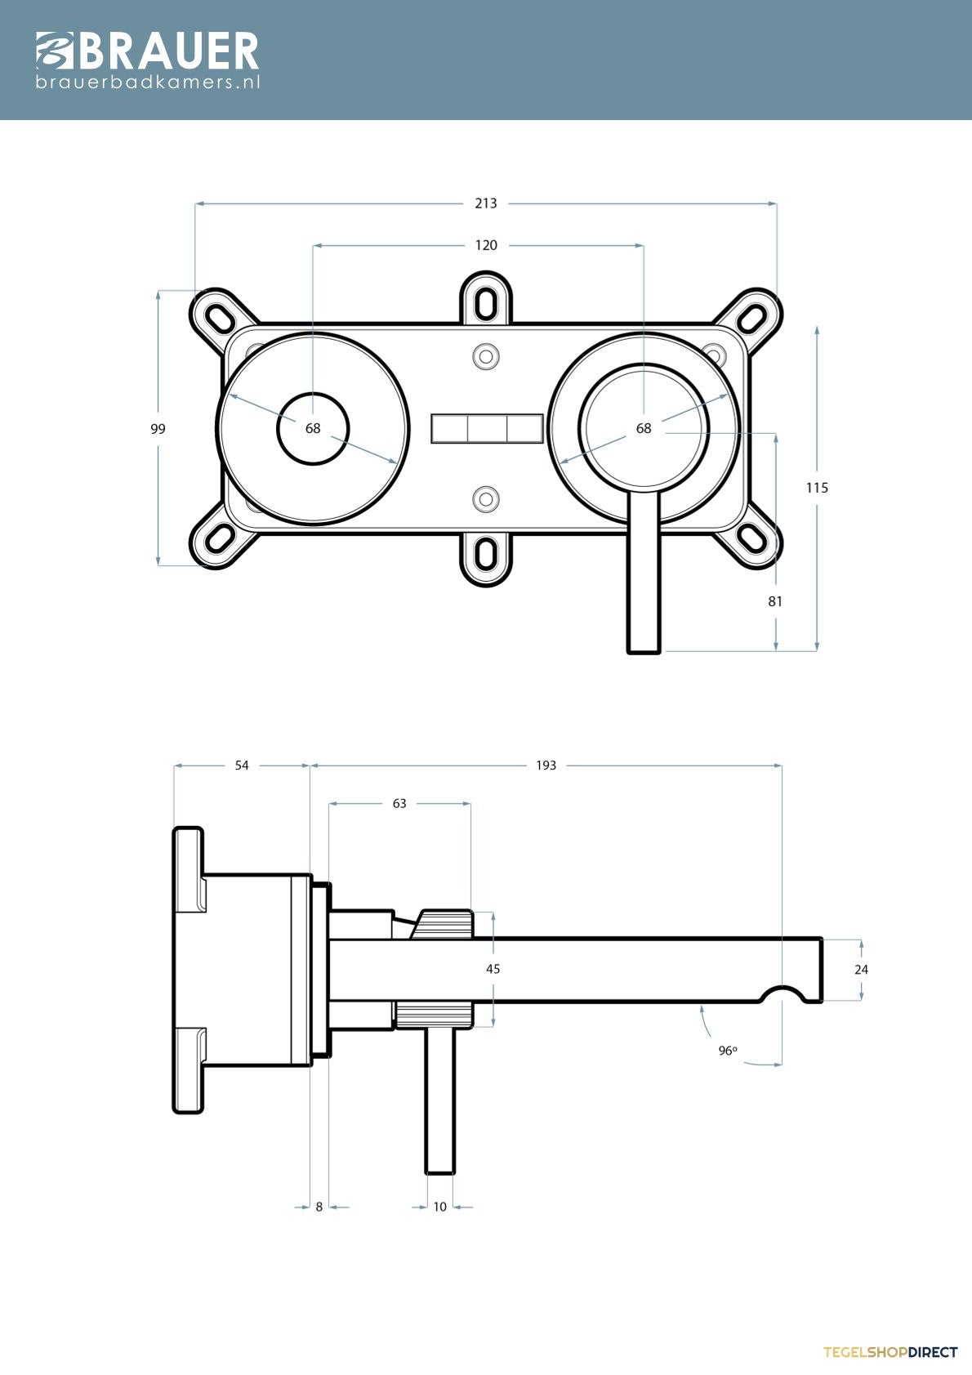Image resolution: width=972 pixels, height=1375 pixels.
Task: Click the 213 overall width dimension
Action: [486, 203]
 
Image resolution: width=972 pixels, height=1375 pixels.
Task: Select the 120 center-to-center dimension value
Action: [486, 246]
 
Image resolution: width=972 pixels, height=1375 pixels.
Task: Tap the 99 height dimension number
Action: [158, 428]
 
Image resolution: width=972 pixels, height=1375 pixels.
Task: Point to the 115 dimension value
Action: [817, 488]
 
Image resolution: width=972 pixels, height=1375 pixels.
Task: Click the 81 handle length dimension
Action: [775, 601]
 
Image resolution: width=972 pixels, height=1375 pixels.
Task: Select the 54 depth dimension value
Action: [242, 766]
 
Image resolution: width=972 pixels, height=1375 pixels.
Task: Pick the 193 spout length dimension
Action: [546, 766]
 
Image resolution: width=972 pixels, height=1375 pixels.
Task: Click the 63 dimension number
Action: [399, 804]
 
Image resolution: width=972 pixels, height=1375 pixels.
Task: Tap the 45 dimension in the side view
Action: [493, 969]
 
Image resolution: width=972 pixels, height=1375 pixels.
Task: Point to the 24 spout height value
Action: [861, 969]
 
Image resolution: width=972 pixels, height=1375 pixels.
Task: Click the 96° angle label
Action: [728, 1051]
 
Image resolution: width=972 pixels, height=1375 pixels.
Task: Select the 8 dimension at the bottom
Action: [319, 1207]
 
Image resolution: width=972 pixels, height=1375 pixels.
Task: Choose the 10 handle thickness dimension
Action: [440, 1207]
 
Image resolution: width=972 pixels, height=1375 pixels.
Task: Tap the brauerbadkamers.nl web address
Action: [148, 82]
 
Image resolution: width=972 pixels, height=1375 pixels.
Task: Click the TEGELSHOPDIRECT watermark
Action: [890, 1352]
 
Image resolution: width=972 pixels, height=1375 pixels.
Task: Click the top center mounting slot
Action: [486, 302]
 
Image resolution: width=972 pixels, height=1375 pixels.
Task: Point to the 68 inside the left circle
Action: [313, 428]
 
